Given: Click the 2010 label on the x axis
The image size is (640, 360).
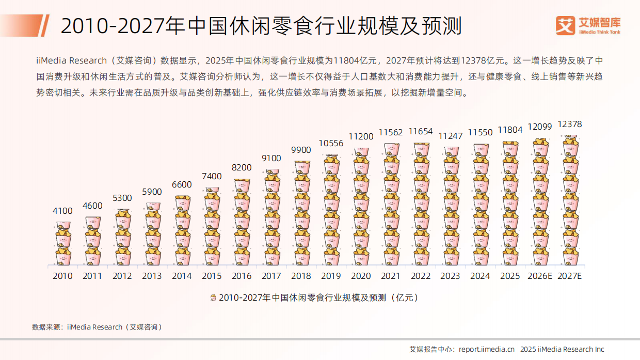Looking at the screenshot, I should click(x=62, y=276).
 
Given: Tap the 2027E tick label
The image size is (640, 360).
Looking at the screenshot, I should click(x=570, y=276).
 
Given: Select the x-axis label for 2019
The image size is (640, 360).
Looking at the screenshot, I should click(x=331, y=276).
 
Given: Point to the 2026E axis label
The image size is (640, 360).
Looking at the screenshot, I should click(x=540, y=276).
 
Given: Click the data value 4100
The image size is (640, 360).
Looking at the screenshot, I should click(x=62, y=211).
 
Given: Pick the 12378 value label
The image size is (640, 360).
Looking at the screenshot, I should click(x=570, y=124).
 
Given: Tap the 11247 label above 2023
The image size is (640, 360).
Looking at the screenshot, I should click(x=451, y=136).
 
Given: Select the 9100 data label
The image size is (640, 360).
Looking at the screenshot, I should click(x=271, y=158).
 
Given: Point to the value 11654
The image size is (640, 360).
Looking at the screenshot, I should click(x=421, y=132).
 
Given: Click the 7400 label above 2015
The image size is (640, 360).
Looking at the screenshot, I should click(x=212, y=176).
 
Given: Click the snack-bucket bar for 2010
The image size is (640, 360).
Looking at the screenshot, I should click(x=63, y=243).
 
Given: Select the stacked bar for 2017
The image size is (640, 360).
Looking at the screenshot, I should click(x=271, y=217).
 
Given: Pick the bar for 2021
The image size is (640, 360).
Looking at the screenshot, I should click(x=391, y=205).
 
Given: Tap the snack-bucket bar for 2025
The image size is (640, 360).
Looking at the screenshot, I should click(x=510, y=203).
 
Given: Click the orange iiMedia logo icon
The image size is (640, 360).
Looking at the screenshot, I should click(x=565, y=25).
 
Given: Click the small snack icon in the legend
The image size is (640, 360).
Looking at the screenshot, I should click(x=213, y=298).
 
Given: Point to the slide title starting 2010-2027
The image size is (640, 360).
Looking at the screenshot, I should click(x=261, y=25).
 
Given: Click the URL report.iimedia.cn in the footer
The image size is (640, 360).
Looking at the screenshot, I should click(x=487, y=349).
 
